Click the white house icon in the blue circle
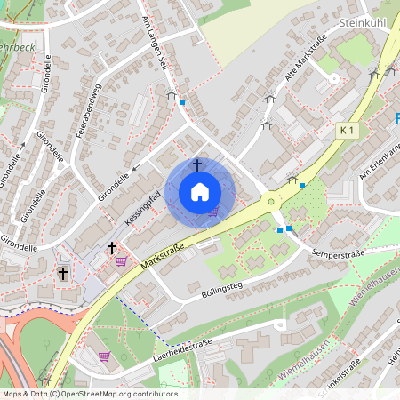pyautogui.click(x=200, y=192)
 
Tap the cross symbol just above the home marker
pyautogui.click(x=196, y=165)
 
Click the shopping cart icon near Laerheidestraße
pyautogui.click(x=104, y=356)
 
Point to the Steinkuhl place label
pyautogui.click(x=364, y=20)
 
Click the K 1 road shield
pyautogui.click(x=347, y=130)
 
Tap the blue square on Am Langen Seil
pyautogui.click(x=182, y=102)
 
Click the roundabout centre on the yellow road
pyautogui.click(x=271, y=202)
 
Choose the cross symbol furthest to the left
pyautogui.click(x=62, y=274)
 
